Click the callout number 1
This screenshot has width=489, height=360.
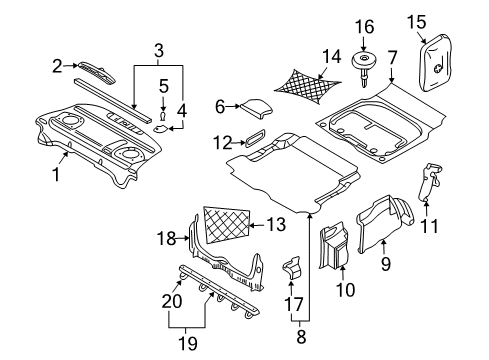(x=57, y=174)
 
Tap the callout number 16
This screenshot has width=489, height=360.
(x=363, y=26)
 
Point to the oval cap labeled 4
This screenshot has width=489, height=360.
(x=163, y=129)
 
